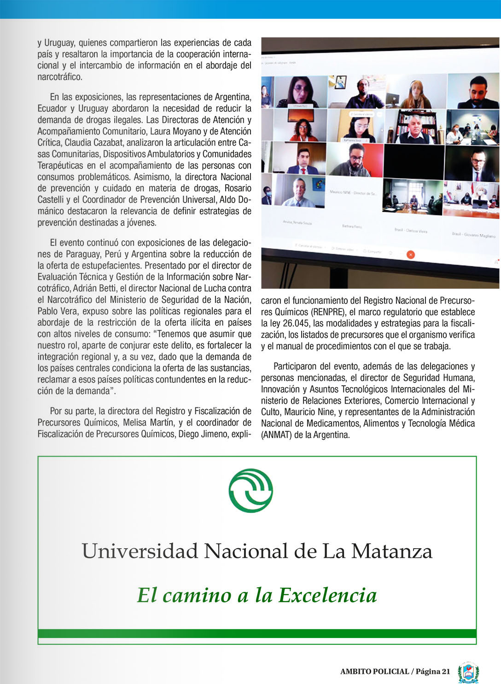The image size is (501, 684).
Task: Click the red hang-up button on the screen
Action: [410, 255]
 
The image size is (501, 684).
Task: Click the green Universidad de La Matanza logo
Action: [250, 491]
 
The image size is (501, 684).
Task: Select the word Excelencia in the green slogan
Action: [327, 595]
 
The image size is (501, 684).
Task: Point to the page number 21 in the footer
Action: [445, 671]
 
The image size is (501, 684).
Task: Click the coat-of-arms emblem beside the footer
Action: [468, 672]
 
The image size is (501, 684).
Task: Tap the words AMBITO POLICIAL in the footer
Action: [374, 672]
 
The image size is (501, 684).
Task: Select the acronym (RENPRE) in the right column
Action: [328, 312]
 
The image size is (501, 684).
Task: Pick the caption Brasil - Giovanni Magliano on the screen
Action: [473, 235]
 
